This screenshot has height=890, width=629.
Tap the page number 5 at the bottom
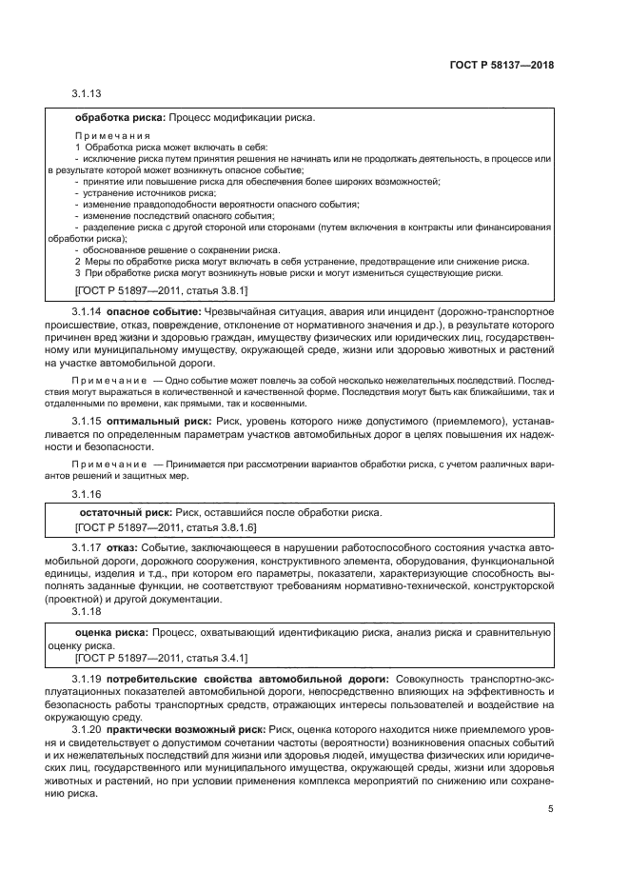coord(550,810)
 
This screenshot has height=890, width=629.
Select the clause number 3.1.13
coord(87,93)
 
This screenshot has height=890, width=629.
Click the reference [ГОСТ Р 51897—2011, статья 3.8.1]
coord(161,288)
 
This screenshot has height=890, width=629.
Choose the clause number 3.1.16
coord(87,494)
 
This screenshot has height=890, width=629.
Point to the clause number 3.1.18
coord(87,614)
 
